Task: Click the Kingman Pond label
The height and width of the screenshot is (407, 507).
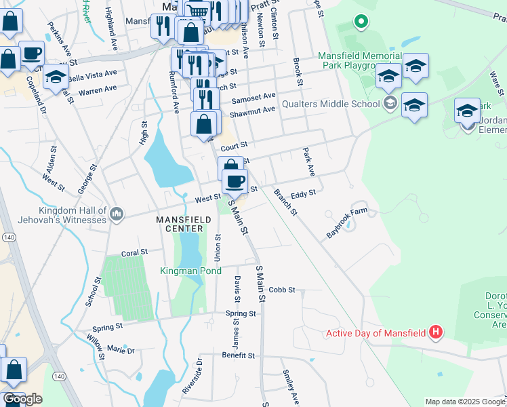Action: [x=190, y=271]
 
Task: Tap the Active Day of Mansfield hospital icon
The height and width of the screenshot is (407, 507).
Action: [x=437, y=332]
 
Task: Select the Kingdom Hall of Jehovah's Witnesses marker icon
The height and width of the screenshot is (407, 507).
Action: [x=117, y=214]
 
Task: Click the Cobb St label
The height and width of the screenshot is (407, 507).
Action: [x=282, y=290]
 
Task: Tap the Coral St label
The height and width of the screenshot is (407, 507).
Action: [x=134, y=252]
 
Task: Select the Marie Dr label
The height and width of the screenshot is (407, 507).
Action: [x=121, y=351]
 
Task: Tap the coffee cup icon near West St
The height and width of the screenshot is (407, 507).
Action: [x=235, y=181]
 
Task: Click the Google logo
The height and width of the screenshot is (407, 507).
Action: [x=22, y=399]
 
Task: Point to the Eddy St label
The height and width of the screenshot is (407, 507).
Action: [x=303, y=194]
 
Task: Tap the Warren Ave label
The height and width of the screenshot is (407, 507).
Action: [x=97, y=90]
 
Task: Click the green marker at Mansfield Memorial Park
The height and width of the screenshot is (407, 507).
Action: [x=361, y=22]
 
